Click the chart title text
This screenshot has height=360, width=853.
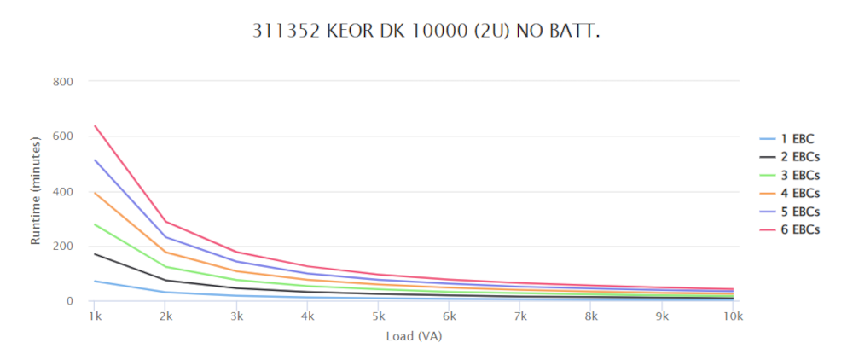[426, 32]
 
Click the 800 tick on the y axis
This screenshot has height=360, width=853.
[65, 82]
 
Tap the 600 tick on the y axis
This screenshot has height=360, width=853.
[65, 136]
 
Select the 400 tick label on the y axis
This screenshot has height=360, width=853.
[65, 192]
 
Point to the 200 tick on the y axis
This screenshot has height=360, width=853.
[65, 247]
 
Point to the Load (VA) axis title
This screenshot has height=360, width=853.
[414, 336]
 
